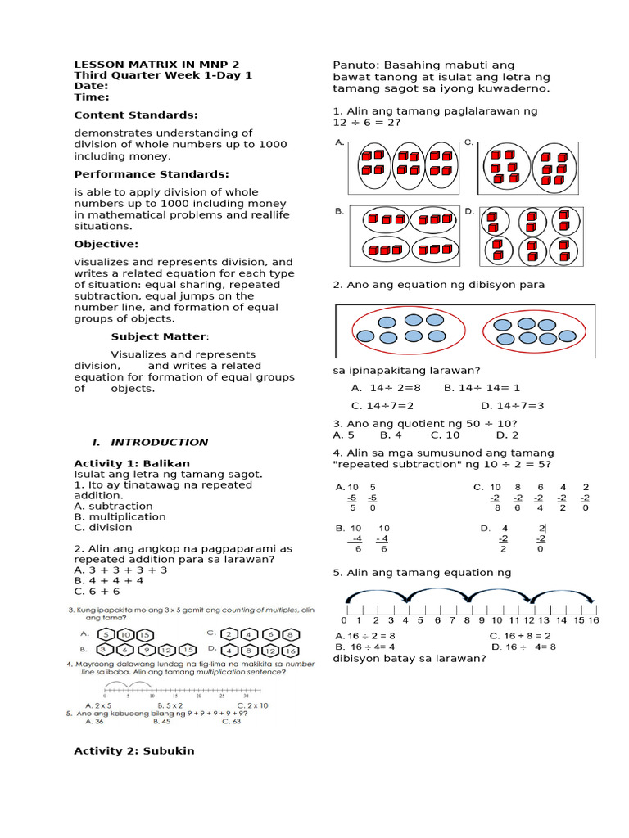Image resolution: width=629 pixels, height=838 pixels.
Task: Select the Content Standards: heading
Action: (x=135, y=115)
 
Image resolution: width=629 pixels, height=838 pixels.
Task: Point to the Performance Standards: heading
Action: (x=151, y=174)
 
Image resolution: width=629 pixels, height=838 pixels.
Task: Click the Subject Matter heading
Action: (x=160, y=336)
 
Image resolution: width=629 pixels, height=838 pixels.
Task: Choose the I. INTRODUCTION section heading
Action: (x=150, y=442)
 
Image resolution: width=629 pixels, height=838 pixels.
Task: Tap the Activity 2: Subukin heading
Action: (x=134, y=750)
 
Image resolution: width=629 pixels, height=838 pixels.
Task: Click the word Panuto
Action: (x=351, y=65)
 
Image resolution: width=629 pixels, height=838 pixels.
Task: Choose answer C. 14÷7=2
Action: (x=382, y=405)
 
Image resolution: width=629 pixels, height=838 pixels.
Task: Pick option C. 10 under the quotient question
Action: (x=445, y=435)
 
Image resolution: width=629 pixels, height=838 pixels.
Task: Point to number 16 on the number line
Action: (x=593, y=620)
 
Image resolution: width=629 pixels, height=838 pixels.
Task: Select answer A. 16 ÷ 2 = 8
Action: (x=366, y=635)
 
